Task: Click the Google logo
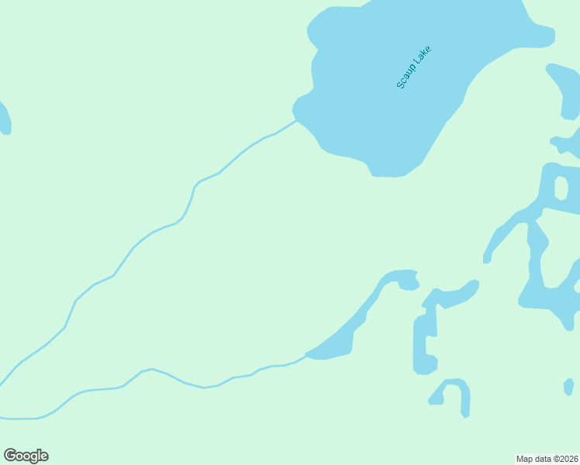point(26,456)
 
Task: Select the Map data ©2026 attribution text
point(547,458)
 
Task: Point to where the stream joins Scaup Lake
point(295,120)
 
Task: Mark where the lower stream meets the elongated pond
point(307,355)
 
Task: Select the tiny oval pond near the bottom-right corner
point(568,386)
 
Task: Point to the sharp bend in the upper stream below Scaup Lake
point(195,185)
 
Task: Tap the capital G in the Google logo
point(10,456)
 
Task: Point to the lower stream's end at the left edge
point(2,418)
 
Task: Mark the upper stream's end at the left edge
point(2,384)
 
